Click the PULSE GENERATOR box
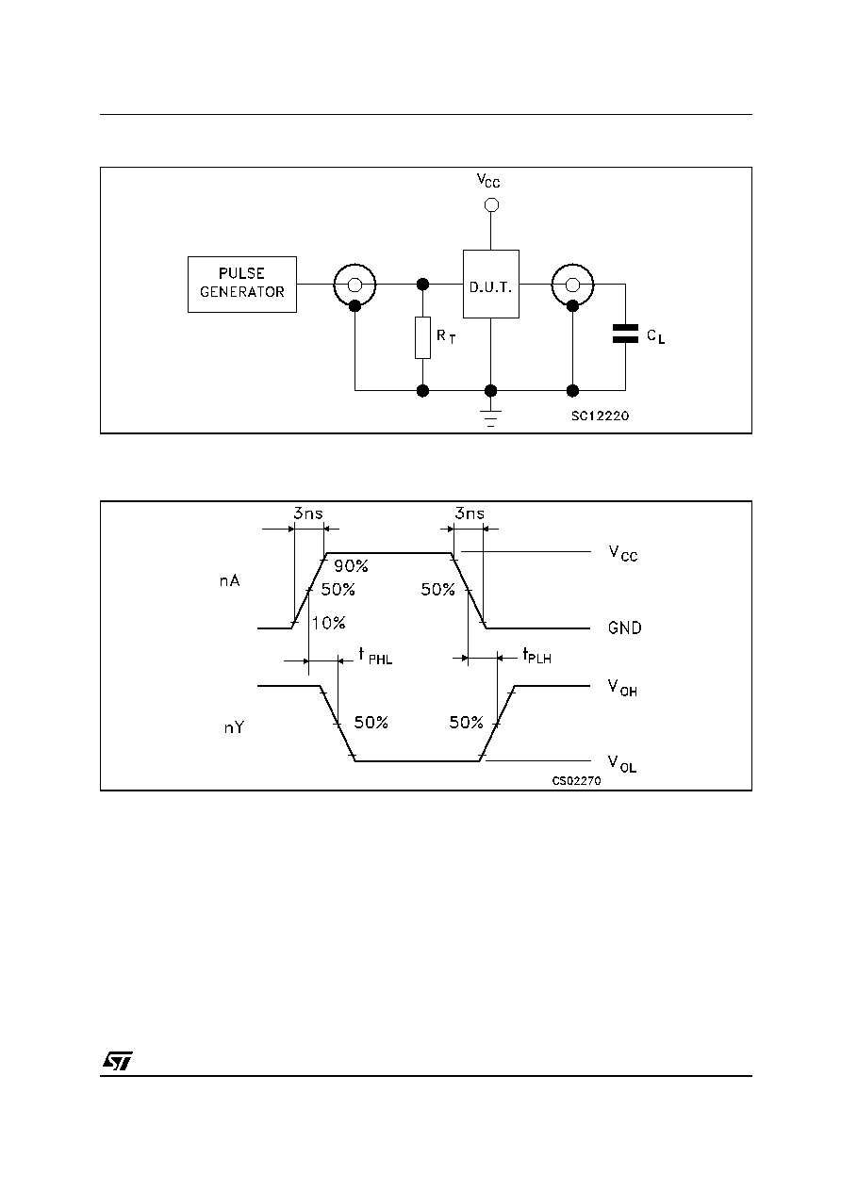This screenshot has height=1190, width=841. pyautogui.click(x=242, y=285)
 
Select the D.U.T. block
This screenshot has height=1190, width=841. pyautogui.click(x=490, y=285)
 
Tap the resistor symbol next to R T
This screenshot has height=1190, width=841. pyautogui.click(x=422, y=338)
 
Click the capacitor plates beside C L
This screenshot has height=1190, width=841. pyautogui.click(x=625, y=334)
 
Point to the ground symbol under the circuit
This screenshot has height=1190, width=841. pyautogui.click(x=490, y=418)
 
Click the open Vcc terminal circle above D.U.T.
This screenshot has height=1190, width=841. pyautogui.click(x=491, y=204)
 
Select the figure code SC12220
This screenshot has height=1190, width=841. pyautogui.click(x=601, y=416)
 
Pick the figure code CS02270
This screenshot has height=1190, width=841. pyautogui.click(x=576, y=781)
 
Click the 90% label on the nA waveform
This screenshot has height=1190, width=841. pyautogui.click(x=351, y=566)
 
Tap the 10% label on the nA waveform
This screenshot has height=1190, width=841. pyautogui.click(x=328, y=623)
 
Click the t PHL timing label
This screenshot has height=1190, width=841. pyautogui.click(x=375, y=657)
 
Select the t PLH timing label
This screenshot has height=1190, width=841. pyautogui.click(x=536, y=656)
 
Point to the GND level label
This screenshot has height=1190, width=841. pyautogui.click(x=625, y=628)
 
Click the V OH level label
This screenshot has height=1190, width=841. pyautogui.click(x=622, y=688)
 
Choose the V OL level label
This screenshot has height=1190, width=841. pyautogui.click(x=622, y=763)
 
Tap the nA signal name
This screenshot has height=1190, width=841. pyautogui.click(x=230, y=581)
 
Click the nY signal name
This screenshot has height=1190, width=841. pyautogui.click(x=234, y=727)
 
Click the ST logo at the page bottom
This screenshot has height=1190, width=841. pyautogui.click(x=118, y=1061)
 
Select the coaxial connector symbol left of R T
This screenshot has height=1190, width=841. pyautogui.click(x=355, y=286)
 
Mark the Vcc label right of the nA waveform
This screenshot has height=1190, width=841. pyautogui.click(x=623, y=554)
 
